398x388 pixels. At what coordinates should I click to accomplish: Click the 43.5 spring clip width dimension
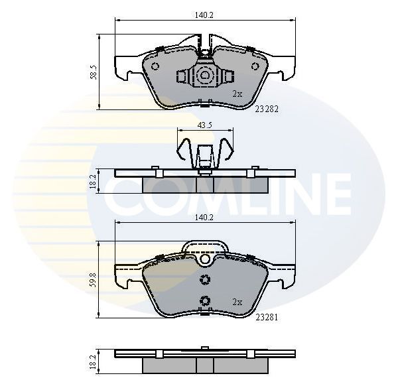tap(205, 125)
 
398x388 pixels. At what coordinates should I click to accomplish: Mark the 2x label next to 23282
tap(237, 94)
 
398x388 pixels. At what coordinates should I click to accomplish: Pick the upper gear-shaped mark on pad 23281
tap(205, 280)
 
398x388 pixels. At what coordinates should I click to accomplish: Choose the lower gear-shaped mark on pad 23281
tap(205, 300)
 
